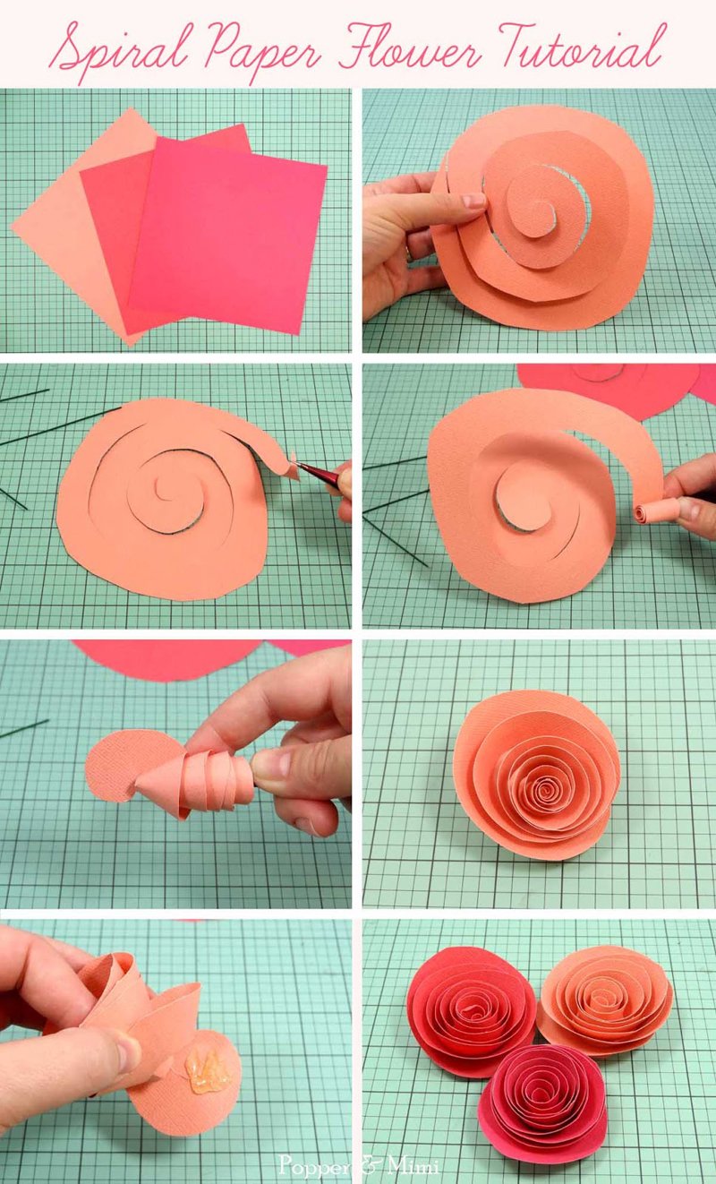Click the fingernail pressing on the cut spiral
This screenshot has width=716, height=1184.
click(x=473, y=201)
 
